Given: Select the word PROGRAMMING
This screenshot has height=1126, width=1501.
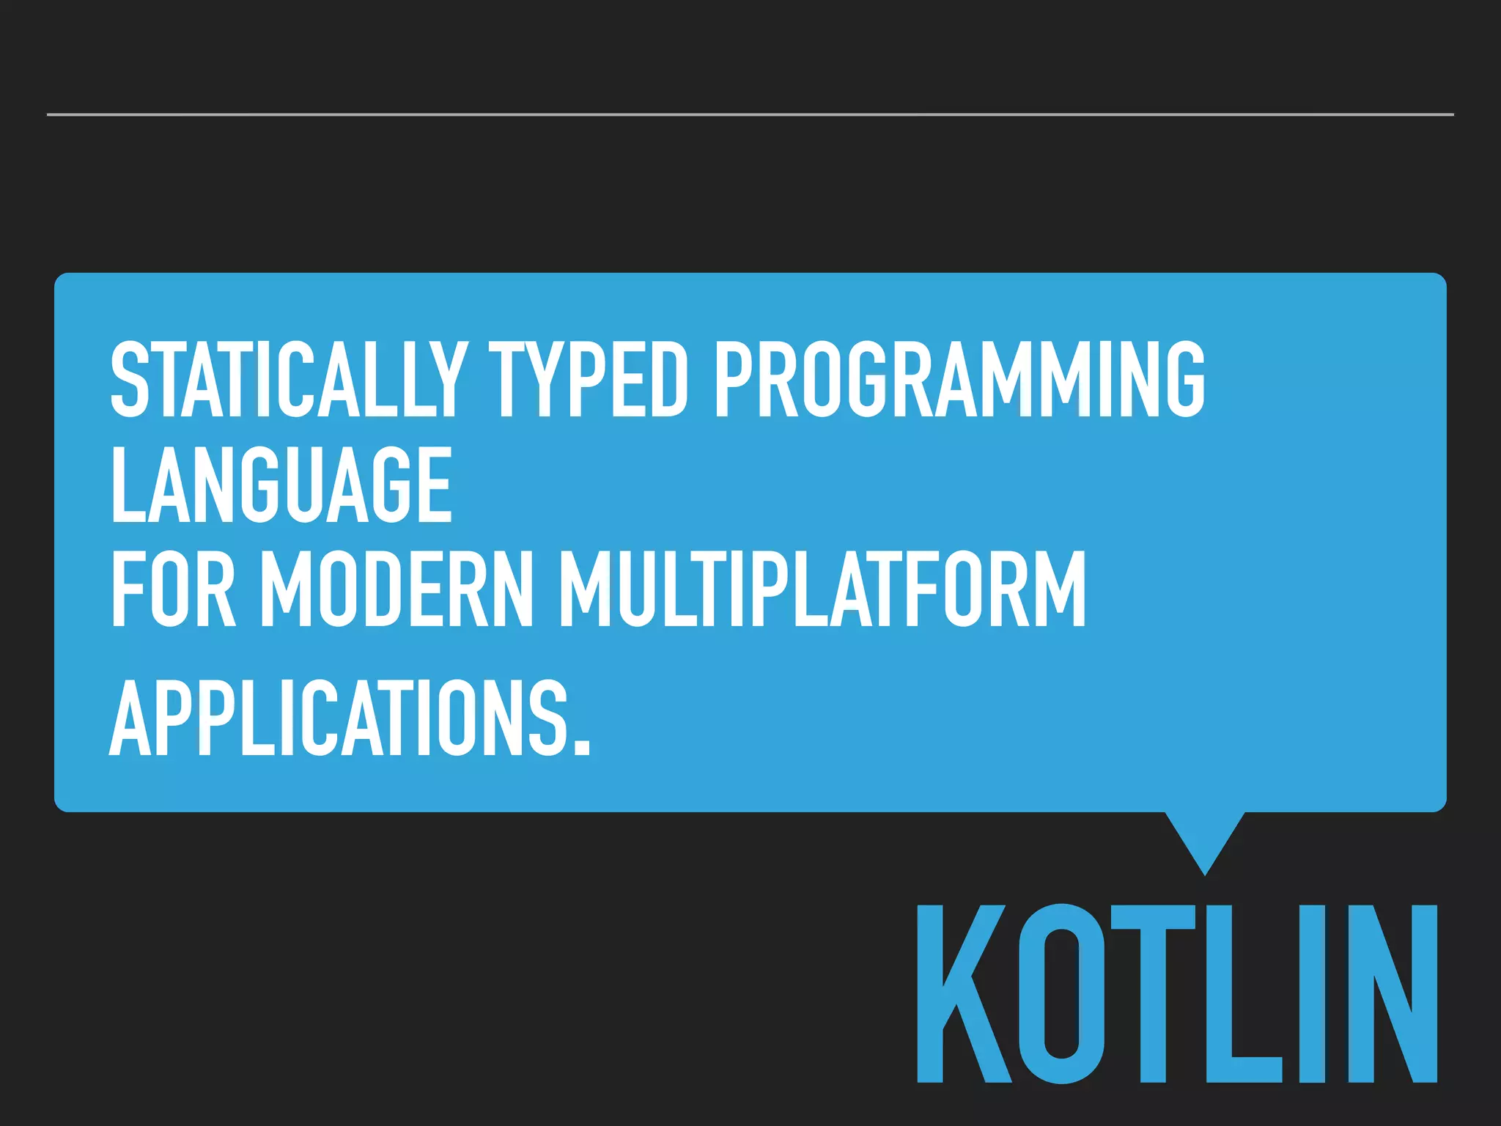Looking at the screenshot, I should click(959, 380).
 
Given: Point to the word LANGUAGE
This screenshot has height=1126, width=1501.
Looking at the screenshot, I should click(281, 485).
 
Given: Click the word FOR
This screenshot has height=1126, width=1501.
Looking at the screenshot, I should click(174, 591).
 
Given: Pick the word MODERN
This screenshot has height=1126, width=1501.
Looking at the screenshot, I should click(397, 591).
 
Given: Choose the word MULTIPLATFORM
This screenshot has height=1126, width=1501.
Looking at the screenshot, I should click(822, 591).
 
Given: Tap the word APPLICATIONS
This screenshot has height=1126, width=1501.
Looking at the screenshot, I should click(339, 718).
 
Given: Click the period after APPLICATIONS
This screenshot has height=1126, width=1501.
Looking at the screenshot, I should click(580, 746).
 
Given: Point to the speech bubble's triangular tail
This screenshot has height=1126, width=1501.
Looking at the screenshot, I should click(1204, 839).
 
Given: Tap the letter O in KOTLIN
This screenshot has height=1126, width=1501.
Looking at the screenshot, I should click(1061, 994).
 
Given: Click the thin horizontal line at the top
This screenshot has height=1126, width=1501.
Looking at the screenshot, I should click(750, 114).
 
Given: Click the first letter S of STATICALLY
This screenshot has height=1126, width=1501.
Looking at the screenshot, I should click(130, 380).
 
